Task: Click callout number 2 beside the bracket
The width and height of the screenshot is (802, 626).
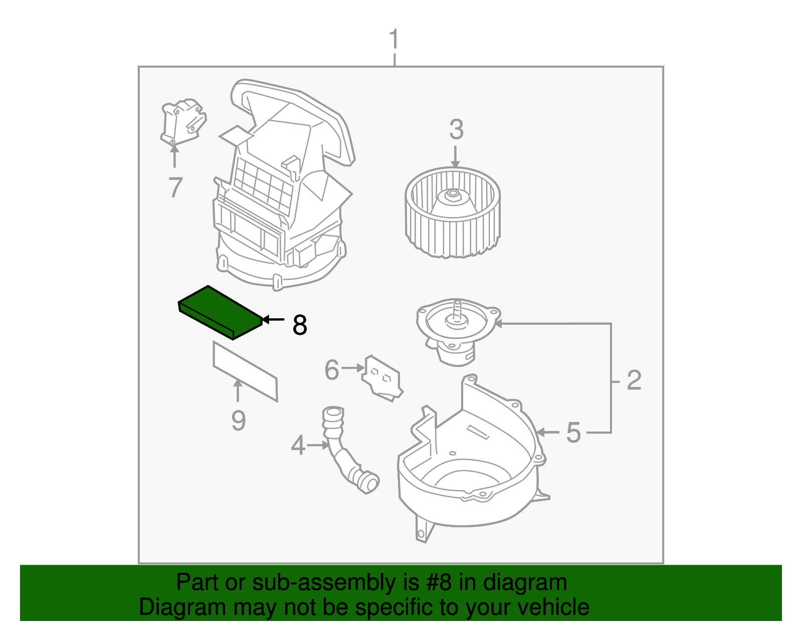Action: [x=634, y=380]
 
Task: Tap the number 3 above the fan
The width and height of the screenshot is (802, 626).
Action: [x=456, y=130]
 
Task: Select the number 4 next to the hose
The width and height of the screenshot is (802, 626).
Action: [x=298, y=445]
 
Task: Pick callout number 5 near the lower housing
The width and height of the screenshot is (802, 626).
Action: [x=573, y=433]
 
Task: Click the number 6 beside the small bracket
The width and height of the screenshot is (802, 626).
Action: [x=332, y=370]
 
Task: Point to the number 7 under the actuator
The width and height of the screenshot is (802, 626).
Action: [x=175, y=187]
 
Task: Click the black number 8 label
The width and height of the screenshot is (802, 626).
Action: [x=300, y=325]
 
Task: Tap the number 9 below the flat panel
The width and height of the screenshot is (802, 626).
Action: [x=239, y=421]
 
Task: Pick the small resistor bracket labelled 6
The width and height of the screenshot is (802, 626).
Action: [x=382, y=378]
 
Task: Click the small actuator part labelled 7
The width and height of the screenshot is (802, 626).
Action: [x=182, y=122]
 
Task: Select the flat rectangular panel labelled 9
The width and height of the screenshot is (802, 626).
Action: [x=245, y=371]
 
